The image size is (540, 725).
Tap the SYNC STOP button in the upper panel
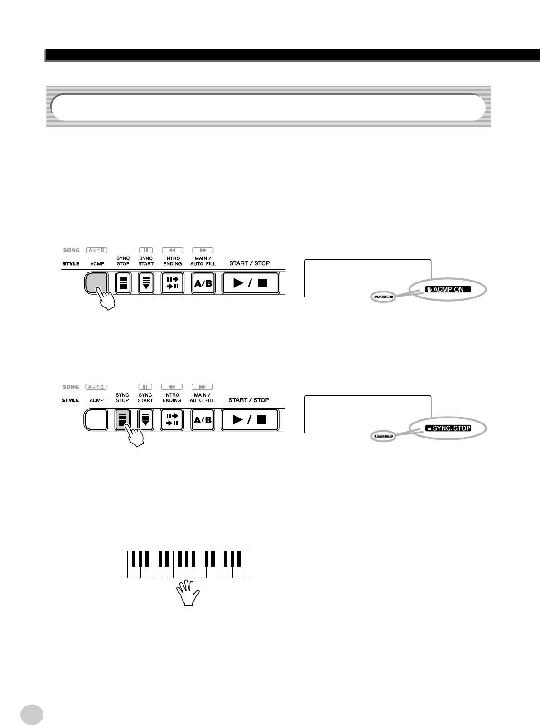point(123,283)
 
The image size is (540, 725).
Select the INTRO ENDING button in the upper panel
point(172,283)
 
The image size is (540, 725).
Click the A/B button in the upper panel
point(203,283)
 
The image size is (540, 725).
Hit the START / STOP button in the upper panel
point(250,283)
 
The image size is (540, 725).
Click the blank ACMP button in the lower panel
point(96,420)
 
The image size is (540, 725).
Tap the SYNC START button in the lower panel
point(145,420)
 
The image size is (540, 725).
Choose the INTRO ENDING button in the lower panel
point(172,420)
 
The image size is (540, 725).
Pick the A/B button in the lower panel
point(203,420)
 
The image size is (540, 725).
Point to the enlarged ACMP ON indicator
point(448,289)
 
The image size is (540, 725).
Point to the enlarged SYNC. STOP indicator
point(448,428)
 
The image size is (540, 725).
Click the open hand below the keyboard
point(187,593)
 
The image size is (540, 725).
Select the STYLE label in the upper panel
point(71,263)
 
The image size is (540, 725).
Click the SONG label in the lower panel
point(70,387)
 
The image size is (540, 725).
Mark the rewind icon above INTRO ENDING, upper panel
point(172,250)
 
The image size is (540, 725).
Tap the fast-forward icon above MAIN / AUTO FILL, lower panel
point(202,387)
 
